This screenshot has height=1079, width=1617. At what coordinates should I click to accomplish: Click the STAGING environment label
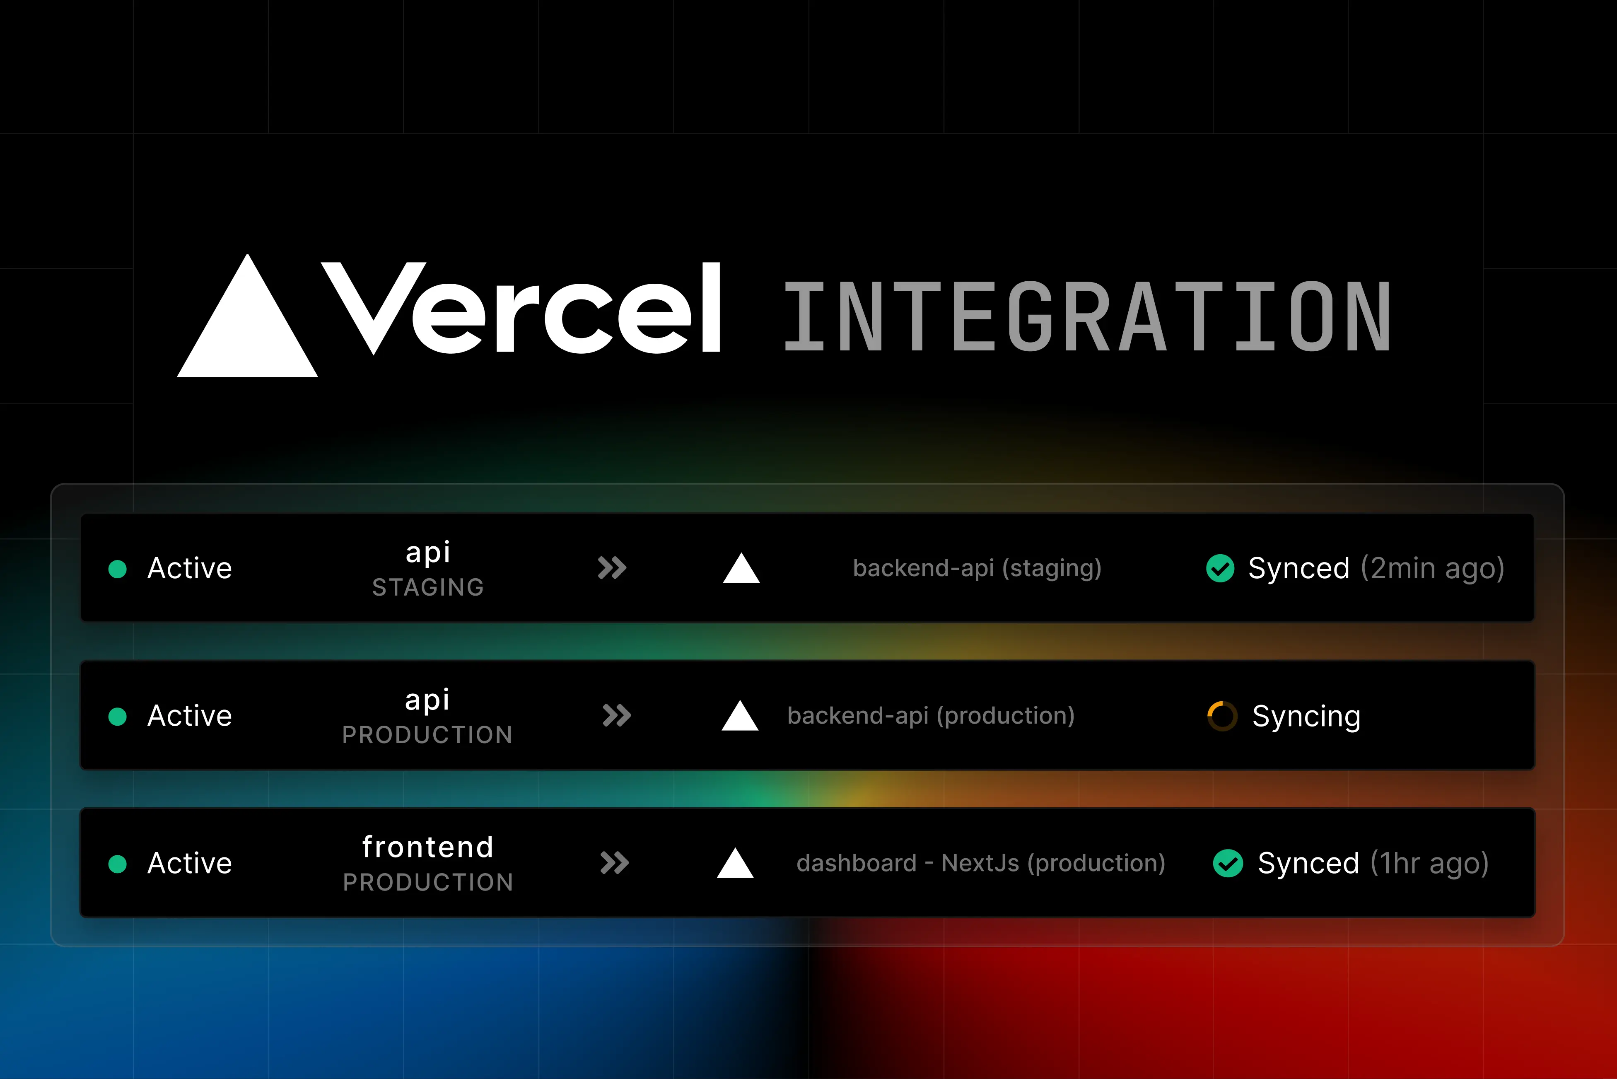(x=428, y=587)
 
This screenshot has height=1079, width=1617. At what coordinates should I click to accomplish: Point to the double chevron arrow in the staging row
(x=612, y=568)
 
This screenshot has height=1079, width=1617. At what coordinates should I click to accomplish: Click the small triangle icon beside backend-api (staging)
(x=741, y=568)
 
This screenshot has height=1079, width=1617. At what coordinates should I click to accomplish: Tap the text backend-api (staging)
(x=977, y=568)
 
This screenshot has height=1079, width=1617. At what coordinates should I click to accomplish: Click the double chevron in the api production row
(x=617, y=716)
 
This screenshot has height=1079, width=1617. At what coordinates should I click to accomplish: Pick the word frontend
(x=428, y=847)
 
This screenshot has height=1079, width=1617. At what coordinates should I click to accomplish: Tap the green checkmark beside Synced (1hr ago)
(x=1228, y=864)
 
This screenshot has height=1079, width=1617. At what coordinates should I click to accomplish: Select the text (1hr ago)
(x=1429, y=864)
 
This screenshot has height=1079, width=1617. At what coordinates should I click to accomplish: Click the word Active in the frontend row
(x=190, y=864)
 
